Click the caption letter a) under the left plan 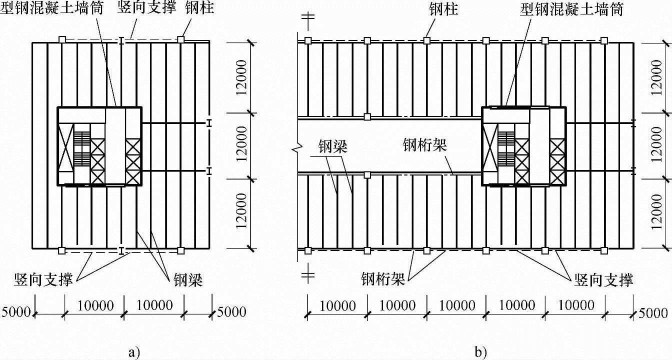point(133,351)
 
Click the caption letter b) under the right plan point(481,351)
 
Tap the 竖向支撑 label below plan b point(604,279)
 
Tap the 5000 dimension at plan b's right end point(653,313)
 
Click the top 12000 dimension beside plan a point(242,78)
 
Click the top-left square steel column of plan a point(61,39)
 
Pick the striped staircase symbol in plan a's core point(80,148)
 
